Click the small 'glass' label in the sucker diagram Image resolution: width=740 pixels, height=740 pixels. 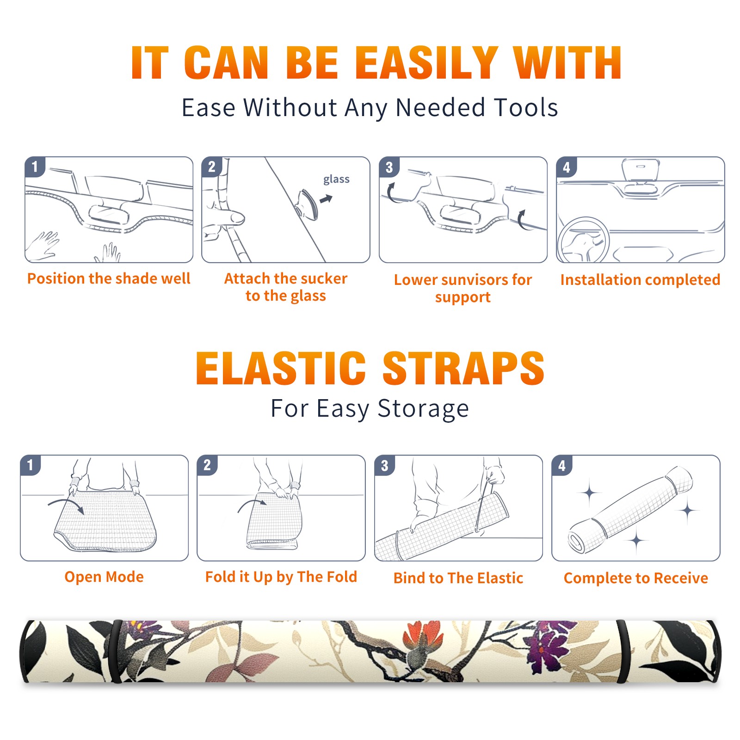[x=336, y=179]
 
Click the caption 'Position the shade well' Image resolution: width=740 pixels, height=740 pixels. [x=109, y=278]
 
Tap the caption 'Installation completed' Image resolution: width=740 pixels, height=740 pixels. [x=640, y=280]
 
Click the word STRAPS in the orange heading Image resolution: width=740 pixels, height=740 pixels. [x=463, y=368]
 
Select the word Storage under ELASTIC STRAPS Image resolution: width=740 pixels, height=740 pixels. [x=423, y=409]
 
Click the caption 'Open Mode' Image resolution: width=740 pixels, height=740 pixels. [x=104, y=577]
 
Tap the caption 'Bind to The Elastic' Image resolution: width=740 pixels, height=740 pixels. [x=458, y=578]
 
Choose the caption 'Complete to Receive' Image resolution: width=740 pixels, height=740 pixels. [x=636, y=578]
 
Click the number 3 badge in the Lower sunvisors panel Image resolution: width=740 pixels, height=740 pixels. [x=389, y=167]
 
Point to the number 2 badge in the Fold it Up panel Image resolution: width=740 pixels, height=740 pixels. [x=207, y=465]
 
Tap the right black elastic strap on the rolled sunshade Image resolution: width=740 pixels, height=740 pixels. [x=623, y=652]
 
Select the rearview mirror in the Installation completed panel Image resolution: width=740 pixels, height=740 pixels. [x=640, y=170]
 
